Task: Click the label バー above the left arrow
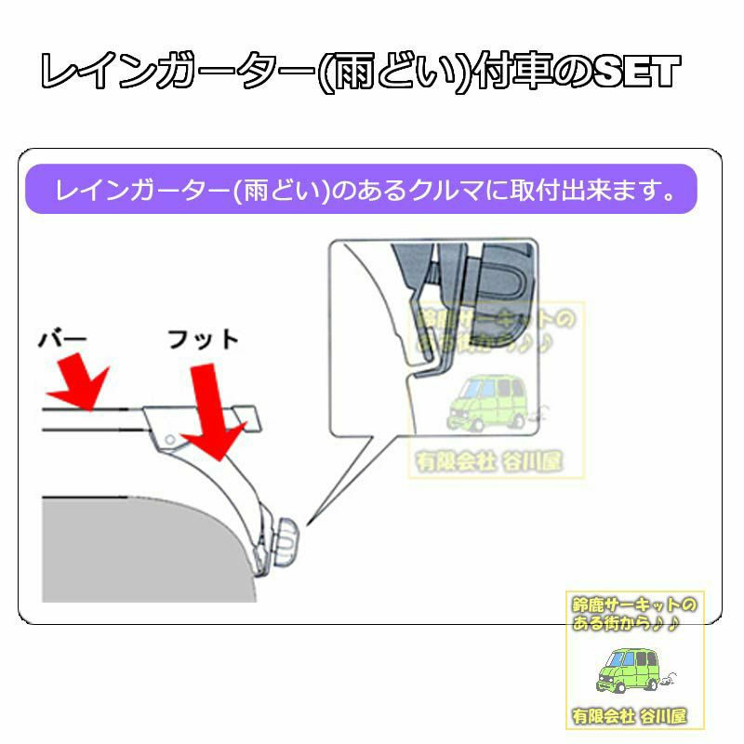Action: point(62,339)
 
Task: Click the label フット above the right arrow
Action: point(203,339)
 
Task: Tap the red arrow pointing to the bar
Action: point(79,383)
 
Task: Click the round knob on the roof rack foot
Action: point(285,542)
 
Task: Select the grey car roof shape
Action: point(142,551)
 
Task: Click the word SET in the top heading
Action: point(635,72)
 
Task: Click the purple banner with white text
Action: point(361,189)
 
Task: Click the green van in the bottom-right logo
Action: point(632,669)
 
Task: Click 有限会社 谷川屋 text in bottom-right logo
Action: point(630,716)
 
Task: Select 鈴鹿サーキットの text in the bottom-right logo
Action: point(634,604)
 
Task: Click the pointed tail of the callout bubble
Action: point(308,525)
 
